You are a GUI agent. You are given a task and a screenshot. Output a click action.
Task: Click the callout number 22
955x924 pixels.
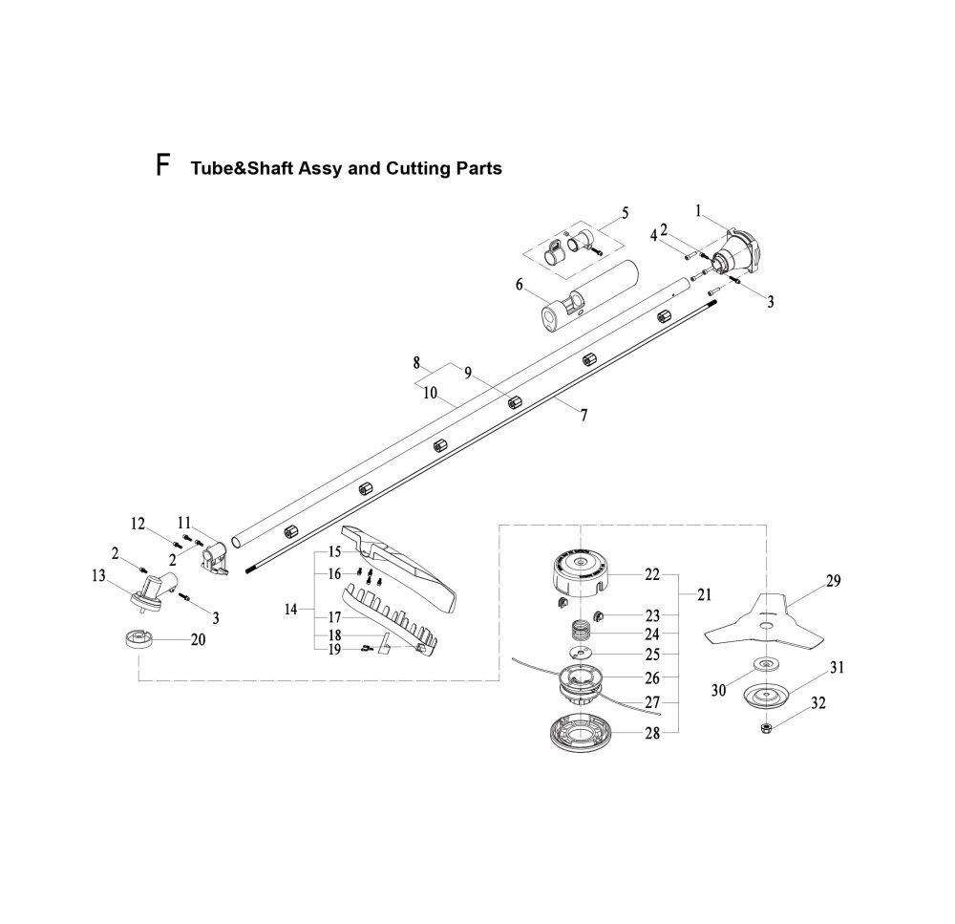tap(652, 574)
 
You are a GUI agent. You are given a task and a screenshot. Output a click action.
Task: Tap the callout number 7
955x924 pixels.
tap(584, 415)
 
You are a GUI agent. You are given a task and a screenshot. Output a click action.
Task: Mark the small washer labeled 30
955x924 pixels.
tap(766, 665)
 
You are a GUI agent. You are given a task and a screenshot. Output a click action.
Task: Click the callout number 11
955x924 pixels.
tap(185, 523)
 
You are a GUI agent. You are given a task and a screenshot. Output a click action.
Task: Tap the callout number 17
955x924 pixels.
tap(335, 616)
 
